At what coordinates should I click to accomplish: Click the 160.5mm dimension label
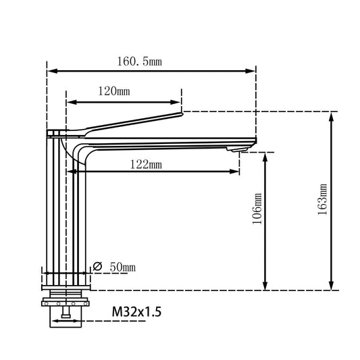coord(140,61)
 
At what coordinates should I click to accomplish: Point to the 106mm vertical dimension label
coord(257,211)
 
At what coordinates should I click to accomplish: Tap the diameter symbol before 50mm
coord(98,267)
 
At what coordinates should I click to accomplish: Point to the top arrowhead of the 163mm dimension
coord(331,115)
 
